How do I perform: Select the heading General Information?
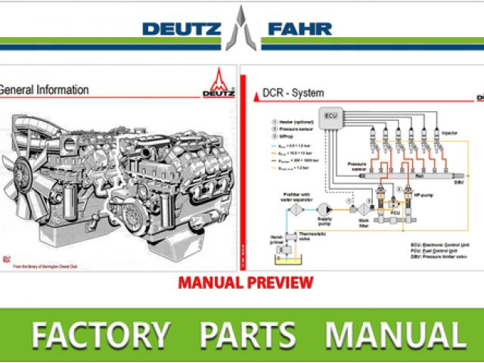[x=43, y=90]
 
